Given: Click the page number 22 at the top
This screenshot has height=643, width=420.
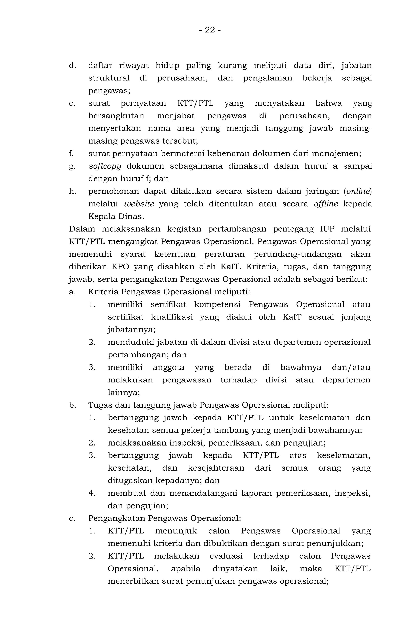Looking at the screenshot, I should tap(210, 30).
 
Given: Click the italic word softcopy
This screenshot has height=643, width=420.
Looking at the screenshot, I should tap(105, 166).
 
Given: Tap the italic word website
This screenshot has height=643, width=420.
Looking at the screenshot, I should tap(139, 204).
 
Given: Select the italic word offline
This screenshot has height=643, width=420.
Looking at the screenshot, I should tap(326, 204).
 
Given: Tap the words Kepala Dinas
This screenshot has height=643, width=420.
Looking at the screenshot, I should tap(116, 216).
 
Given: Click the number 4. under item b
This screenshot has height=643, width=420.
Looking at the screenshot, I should tap(92, 493).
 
